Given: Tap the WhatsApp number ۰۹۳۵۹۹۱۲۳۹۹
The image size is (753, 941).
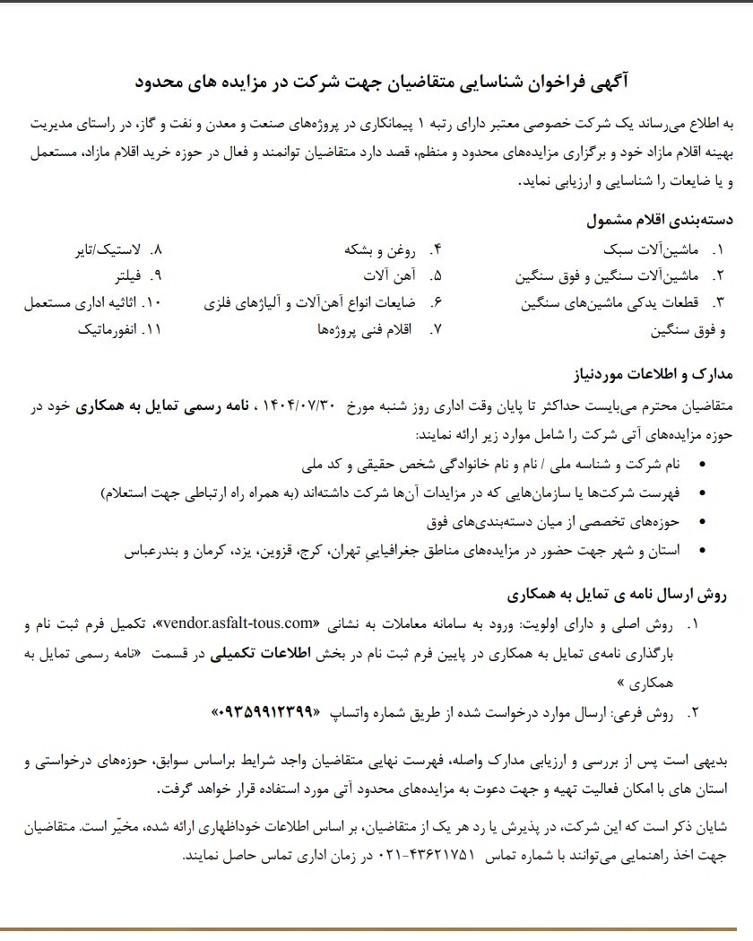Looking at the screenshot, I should point(265,712).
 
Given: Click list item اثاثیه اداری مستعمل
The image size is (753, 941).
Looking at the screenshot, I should point(80,302).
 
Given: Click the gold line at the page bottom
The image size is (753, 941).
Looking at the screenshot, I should point(376,928).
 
